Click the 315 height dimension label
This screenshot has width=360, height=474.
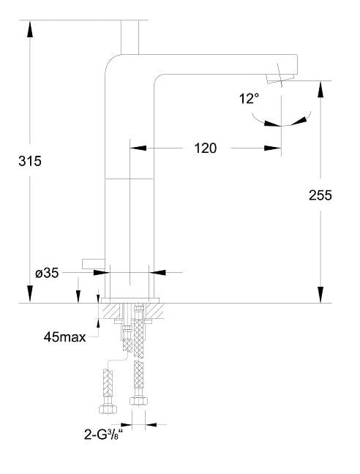29,161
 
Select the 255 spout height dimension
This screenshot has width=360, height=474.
320,195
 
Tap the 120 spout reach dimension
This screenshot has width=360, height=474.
205,148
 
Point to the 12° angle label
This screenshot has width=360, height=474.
249,99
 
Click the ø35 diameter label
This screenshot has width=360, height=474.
47,274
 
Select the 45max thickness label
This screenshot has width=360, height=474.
64,336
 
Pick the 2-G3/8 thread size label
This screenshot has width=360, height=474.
104,434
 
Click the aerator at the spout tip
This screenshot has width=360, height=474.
280,78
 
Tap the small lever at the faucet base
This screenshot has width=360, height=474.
94,263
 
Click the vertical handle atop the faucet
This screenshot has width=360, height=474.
130,37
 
